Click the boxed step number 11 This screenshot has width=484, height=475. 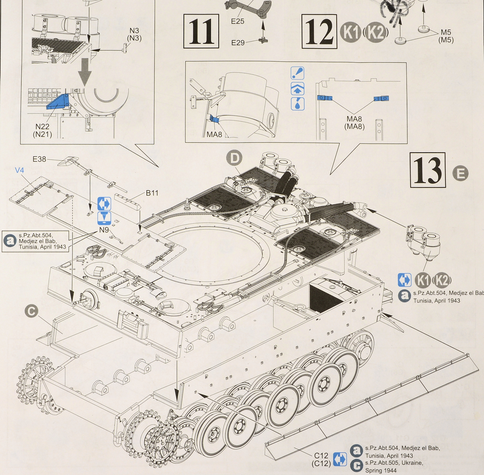(201, 32)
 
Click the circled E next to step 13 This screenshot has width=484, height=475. (460, 174)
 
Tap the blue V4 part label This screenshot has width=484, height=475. (19, 171)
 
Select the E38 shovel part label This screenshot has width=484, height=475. (39, 159)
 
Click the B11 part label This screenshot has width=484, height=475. (152, 193)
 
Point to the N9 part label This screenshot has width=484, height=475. (104, 230)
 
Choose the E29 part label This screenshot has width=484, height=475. (238, 43)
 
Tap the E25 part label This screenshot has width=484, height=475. (237, 21)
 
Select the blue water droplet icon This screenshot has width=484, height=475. (297, 104)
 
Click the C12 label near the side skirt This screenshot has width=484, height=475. (321, 456)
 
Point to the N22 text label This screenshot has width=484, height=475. (42, 127)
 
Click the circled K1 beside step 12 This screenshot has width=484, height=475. (351, 32)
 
